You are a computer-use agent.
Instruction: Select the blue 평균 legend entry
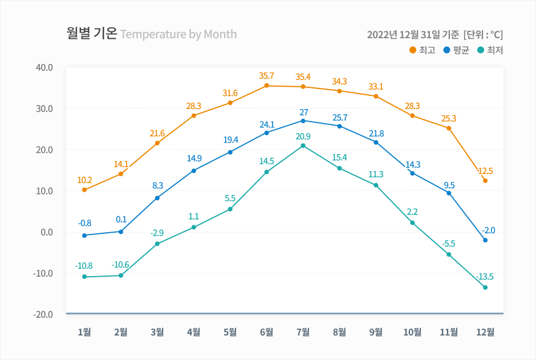pos(456,50)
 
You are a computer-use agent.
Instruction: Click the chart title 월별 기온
pos(92,34)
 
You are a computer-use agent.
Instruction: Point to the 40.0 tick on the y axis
pos(44,67)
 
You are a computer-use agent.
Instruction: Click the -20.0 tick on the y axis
pos(44,314)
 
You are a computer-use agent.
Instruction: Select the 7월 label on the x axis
pos(303,332)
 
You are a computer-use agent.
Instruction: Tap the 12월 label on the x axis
pos(485,332)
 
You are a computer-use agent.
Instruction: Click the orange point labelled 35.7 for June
pos(266,86)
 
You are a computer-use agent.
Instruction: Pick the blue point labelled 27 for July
pos(303,121)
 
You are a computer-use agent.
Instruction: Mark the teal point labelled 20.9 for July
pos(303,146)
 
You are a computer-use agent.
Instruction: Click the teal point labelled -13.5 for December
pos(485,288)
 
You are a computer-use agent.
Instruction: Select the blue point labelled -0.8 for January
pos(84,236)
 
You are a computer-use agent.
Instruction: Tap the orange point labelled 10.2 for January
pos(84,190)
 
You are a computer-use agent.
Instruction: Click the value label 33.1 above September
pos(376,87)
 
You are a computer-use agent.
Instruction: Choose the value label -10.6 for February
pos(120,265)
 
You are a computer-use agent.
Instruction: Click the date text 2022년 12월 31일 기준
pos(413,34)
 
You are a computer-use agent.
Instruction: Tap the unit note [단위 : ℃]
pos(484,34)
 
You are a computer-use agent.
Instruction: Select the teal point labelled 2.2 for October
pos(412,223)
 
